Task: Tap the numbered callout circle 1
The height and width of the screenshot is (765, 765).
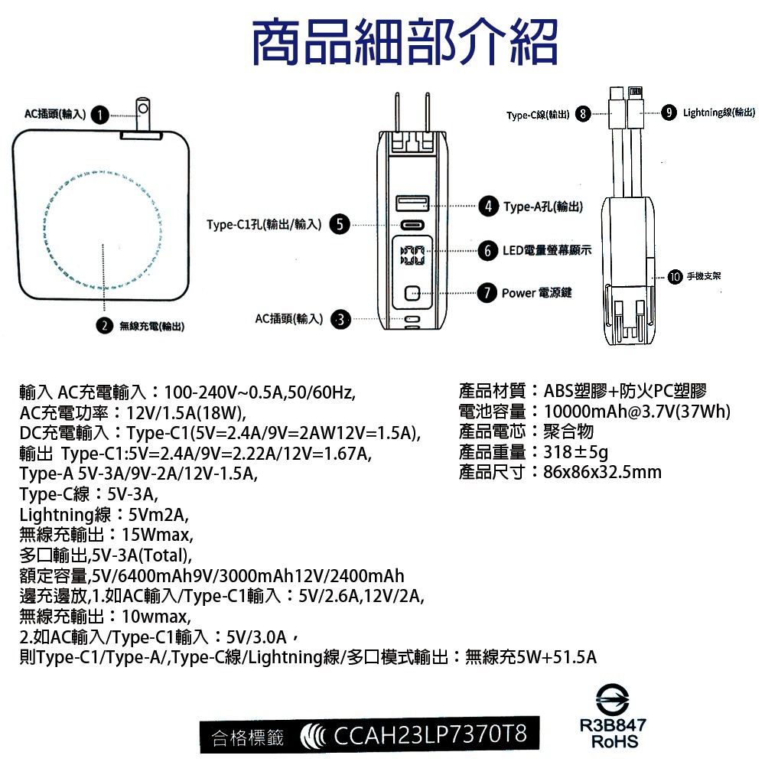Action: coord(98,115)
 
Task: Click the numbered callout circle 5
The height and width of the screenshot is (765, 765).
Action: coord(339,224)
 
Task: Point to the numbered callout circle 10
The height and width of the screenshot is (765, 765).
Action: coord(674,275)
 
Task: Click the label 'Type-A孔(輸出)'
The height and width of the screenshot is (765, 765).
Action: coord(542,207)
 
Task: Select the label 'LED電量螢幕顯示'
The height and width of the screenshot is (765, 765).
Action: coord(546,250)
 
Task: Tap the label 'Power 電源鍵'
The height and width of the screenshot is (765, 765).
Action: coord(536,292)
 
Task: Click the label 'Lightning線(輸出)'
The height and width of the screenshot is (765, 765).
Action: coord(719,113)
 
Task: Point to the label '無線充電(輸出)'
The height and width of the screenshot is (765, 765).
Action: coord(151,327)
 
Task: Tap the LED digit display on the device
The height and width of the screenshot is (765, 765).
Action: coord(412,256)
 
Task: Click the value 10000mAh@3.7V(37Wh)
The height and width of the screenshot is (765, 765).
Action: coord(636,412)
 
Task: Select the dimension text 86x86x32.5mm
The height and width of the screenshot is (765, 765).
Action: coord(602,471)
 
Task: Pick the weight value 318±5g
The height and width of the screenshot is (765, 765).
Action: coord(576,451)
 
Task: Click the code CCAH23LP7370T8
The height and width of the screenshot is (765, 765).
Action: coord(431,735)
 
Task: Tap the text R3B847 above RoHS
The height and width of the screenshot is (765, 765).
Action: coord(615,724)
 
